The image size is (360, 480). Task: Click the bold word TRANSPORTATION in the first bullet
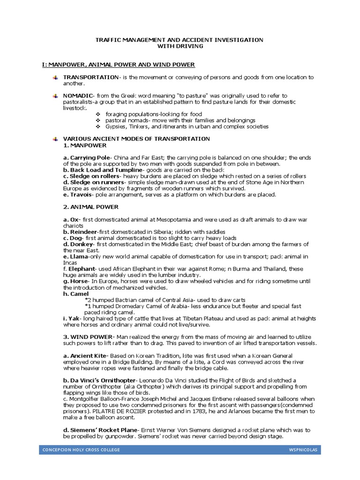(x=91, y=77)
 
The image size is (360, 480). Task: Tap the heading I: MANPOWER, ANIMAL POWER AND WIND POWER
(x=118, y=64)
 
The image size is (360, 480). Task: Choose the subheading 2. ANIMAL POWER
(x=91, y=207)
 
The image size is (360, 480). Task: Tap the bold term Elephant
(x=82, y=269)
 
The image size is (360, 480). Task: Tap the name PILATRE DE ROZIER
(x=117, y=411)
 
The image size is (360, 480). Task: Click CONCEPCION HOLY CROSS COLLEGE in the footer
(x=81, y=450)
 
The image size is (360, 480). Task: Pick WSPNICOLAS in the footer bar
(x=304, y=450)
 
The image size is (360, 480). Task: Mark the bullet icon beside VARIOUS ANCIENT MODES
(x=55, y=139)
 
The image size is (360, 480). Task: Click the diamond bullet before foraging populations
(x=98, y=114)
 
